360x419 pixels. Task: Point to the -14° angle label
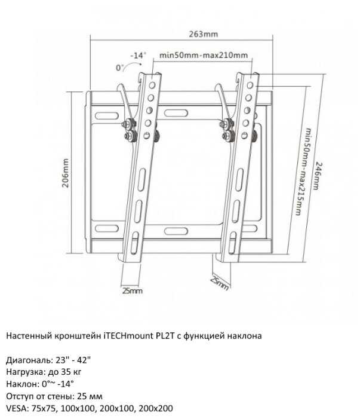click(138, 55)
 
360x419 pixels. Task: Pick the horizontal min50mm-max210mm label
click(204, 56)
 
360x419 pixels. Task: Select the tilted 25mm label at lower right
click(219, 283)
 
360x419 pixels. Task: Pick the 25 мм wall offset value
click(90, 396)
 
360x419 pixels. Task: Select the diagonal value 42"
click(84, 360)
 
